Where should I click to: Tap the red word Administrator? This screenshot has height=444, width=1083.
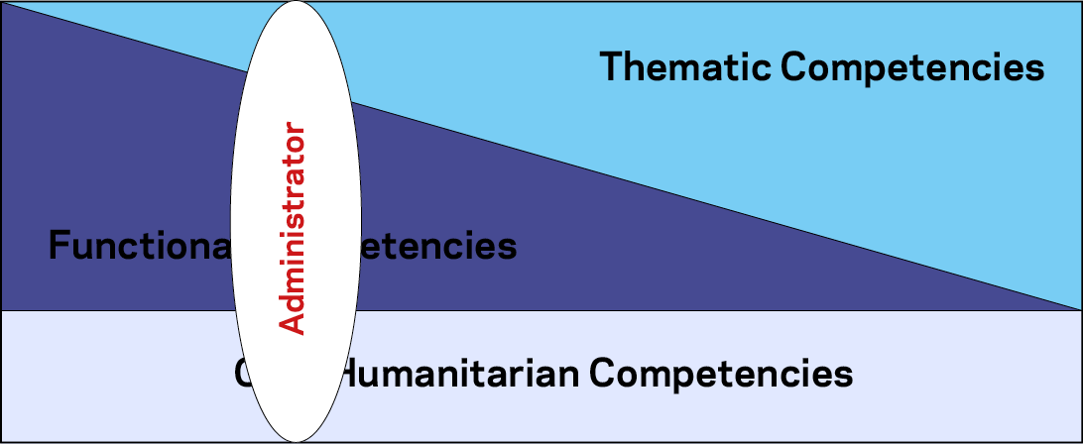click(293, 228)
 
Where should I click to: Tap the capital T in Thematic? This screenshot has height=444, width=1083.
click(613, 67)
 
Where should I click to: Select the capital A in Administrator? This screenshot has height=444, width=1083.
click(293, 322)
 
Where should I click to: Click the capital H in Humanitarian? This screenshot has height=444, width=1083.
click(353, 375)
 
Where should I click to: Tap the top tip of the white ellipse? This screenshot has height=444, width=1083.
click(296, 3)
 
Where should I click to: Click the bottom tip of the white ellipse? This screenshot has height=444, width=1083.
click(296, 440)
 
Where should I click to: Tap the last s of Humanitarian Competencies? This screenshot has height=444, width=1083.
click(844, 376)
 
